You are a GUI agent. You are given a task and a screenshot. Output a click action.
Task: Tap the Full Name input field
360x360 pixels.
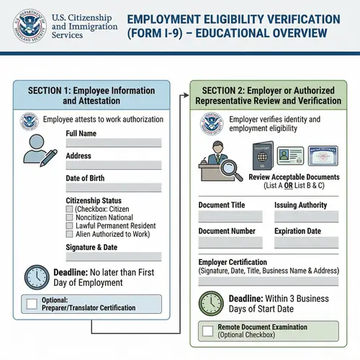pyautogui.click(x=113, y=143)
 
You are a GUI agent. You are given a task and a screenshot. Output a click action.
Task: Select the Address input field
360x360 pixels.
pyautogui.click(x=113, y=166)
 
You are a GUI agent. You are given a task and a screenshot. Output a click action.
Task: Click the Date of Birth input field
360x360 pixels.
pyautogui.click(x=113, y=189)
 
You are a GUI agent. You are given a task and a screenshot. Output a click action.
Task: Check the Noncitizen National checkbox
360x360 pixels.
pyautogui.click(x=69, y=217)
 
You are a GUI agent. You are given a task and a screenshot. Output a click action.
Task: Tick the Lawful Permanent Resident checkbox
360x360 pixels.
pyautogui.click(x=69, y=225)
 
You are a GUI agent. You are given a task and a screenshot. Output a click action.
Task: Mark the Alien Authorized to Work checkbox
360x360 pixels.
pyautogui.click(x=69, y=235)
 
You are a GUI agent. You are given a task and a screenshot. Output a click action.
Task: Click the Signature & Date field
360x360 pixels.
pyautogui.click(x=113, y=256)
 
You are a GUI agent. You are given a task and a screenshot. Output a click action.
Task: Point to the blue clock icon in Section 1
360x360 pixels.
pyautogui.click(x=37, y=277)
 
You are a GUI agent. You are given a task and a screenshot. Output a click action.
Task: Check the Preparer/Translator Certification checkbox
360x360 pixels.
pyautogui.click(x=32, y=304)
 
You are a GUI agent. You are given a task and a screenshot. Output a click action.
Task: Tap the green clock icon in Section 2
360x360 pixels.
pyautogui.click(x=210, y=302)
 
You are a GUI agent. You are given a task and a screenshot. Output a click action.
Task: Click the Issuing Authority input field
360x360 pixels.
pyautogui.click(x=305, y=216)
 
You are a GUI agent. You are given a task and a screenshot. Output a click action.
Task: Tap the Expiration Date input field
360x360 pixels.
pyautogui.click(x=305, y=243)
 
